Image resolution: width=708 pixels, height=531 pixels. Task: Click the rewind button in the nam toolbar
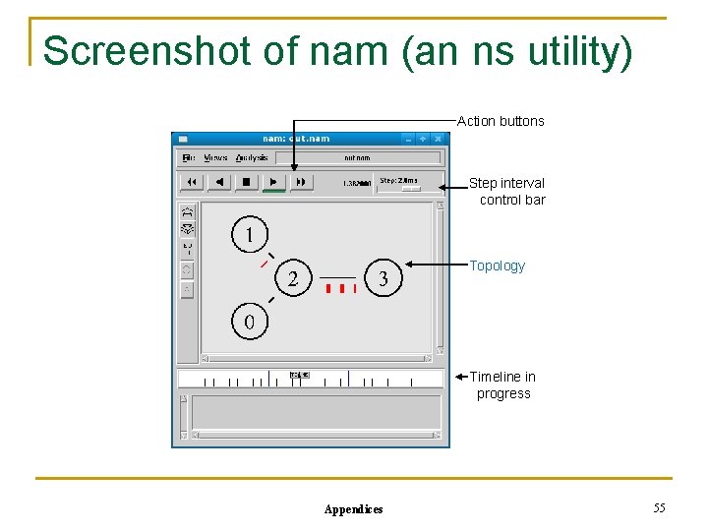(192, 182)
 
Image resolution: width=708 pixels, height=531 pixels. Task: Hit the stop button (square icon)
(247, 182)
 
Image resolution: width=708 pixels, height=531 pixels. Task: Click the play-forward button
(274, 182)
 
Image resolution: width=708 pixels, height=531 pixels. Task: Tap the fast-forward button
(301, 182)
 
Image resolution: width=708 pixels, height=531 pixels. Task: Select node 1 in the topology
(249, 234)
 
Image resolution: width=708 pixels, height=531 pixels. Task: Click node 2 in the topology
(293, 278)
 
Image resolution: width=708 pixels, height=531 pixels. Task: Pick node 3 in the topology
(383, 278)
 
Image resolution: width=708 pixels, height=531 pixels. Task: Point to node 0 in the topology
(249, 322)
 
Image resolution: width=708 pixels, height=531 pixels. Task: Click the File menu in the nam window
(189, 157)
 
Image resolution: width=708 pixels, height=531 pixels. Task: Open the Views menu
(215, 157)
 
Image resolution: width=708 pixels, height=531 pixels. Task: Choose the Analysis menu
(252, 157)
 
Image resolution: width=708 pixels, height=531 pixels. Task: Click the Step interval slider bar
(407, 188)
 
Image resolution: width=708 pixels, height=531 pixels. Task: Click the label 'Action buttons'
(501, 121)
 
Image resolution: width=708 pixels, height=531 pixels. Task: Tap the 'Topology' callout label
(498, 265)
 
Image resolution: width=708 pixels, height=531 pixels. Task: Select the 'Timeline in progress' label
(502, 384)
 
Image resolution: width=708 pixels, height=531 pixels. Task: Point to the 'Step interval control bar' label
(507, 191)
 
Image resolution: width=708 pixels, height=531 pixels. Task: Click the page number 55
(659, 507)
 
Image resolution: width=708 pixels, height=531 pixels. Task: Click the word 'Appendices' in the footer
(354, 509)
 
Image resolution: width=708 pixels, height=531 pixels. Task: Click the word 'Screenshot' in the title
(147, 50)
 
